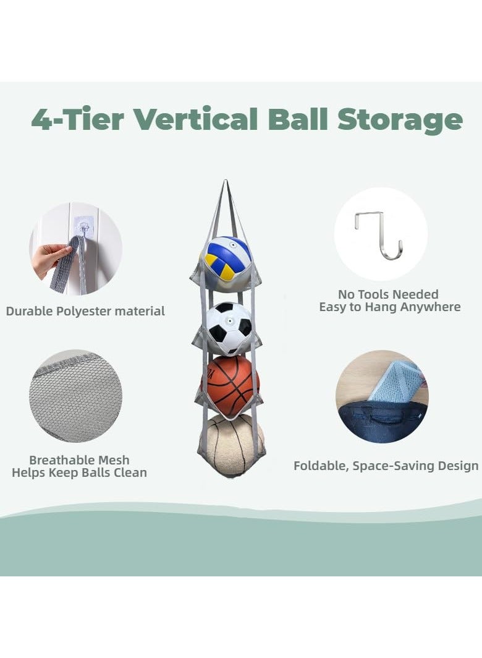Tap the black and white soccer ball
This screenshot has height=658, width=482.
click(x=229, y=328)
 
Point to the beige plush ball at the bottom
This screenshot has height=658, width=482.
click(x=232, y=445)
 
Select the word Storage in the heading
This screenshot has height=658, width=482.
click(x=400, y=121)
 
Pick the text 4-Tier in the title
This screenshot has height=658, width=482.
click(x=78, y=119)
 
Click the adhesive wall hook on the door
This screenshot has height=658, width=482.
click(x=85, y=228)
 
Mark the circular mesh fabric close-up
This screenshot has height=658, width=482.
click(x=75, y=396)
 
